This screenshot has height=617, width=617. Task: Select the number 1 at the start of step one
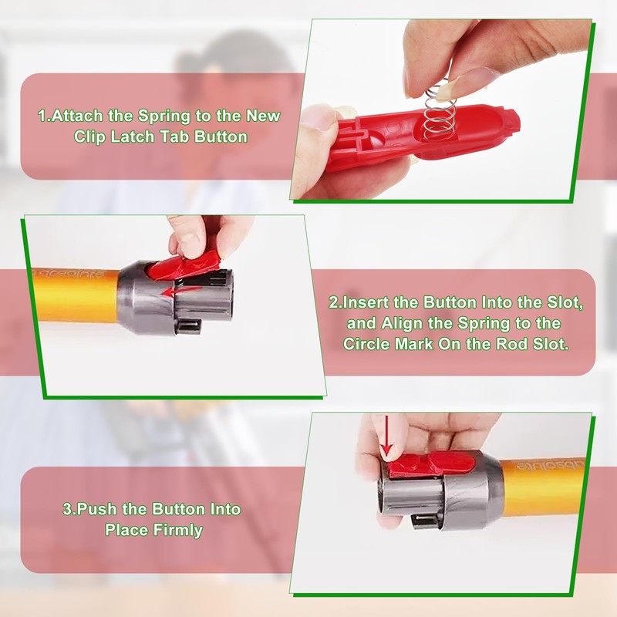coord(42,116)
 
